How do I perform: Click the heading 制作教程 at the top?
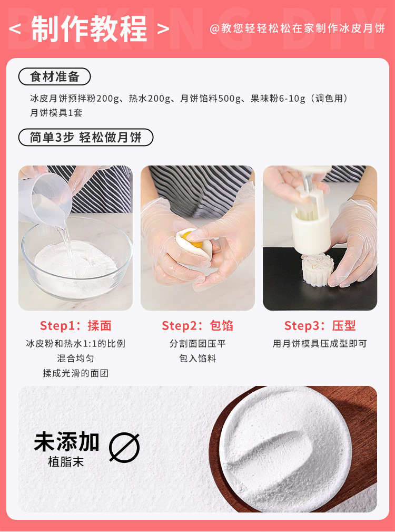coord(90,28)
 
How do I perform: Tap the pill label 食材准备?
coord(55,76)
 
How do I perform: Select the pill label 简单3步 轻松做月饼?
coord(86,138)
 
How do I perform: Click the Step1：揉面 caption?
coord(75,326)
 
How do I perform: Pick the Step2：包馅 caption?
coord(197,326)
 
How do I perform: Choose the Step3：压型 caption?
coord(320,326)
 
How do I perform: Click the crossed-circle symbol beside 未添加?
coord(124,448)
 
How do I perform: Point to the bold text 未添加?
coord(66,442)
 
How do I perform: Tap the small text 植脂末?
coord(66,462)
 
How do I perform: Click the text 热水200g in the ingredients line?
coord(150,99)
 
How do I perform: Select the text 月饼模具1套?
coord(56,113)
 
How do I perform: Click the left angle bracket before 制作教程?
coord(15,28)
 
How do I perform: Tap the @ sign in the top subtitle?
coord(214,28)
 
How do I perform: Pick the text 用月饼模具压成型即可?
coord(320,344)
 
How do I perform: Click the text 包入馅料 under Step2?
coord(197,359)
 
